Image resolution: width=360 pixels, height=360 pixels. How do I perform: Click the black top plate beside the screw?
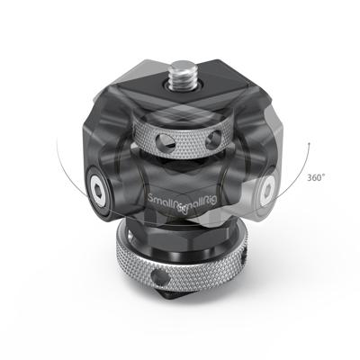click(216, 94)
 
